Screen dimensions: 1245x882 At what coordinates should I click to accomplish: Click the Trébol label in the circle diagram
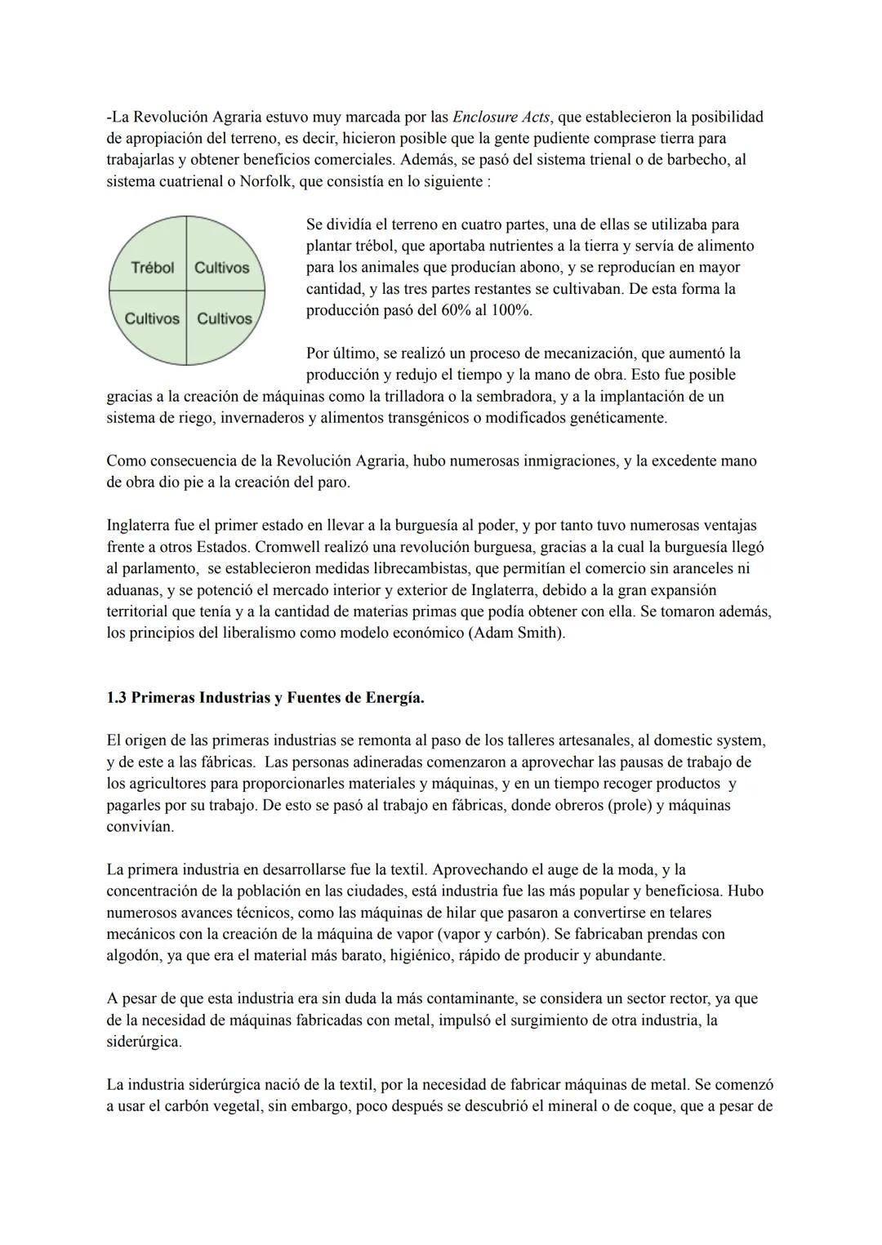click(x=153, y=268)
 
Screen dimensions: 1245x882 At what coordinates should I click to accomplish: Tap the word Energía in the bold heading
click(x=394, y=699)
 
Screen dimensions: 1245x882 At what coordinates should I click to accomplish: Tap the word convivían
click(x=140, y=826)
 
